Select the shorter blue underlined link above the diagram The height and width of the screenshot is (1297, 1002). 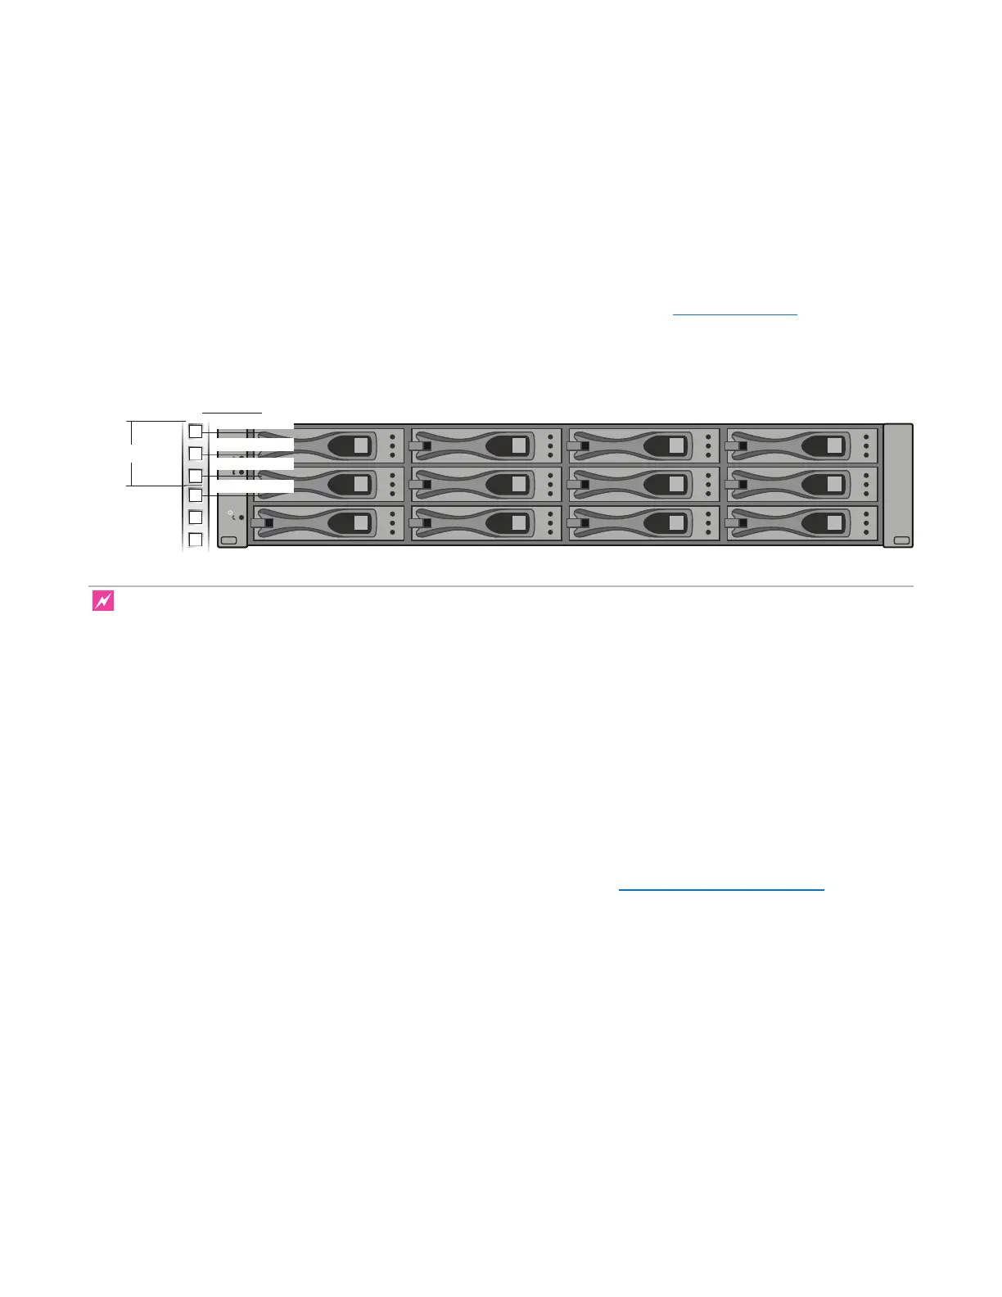coord(734,314)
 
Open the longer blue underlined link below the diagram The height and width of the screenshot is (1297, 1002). coord(720,889)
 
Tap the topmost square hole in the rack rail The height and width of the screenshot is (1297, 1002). coord(196,431)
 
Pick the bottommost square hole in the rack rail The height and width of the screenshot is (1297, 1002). coord(196,540)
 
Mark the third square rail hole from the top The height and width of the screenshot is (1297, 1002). coord(196,475)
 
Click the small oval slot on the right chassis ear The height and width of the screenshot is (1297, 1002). coord(901,540)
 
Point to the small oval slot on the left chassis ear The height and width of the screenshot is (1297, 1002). coord(228,540)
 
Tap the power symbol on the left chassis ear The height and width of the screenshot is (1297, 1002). coord(230,512)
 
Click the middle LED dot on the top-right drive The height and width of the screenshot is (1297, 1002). coord(866,445)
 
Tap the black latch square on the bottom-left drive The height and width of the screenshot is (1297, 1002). coord(269,522)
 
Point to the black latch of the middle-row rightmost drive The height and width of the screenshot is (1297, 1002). coord(742,485)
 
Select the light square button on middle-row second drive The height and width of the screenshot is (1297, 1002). coord(518,485)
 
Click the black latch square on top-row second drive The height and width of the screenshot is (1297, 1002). coord(427,445)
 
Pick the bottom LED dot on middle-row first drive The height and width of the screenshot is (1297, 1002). coord(392,494)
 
